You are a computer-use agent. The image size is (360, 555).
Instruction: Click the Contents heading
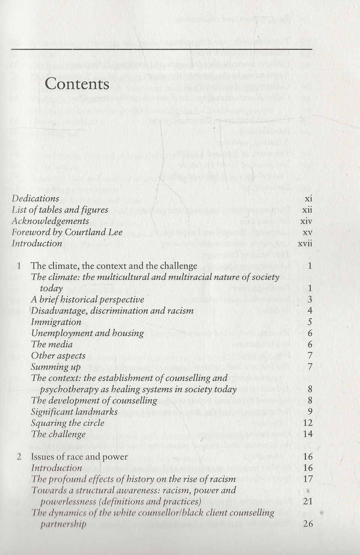(x=77, y=84)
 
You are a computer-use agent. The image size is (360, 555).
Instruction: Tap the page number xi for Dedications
(x=308, y=199)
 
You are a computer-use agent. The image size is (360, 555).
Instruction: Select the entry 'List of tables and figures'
(x=60, y=210)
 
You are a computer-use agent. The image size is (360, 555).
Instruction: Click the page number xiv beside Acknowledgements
(x=306, y=221)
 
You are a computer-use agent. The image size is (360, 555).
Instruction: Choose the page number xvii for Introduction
(x=305, y=244)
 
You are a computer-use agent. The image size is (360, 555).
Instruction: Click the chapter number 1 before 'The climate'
(x=19, y=266)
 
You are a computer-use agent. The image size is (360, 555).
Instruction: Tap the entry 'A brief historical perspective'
(x=87, y=299)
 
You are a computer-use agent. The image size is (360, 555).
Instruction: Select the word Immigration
(x=56, y=322)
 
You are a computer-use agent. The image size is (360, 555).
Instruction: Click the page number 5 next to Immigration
(x=310, y=322)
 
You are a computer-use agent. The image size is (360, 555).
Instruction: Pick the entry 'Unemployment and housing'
(x=87, y=333)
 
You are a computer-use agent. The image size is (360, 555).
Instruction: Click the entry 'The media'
(x=52, y=344)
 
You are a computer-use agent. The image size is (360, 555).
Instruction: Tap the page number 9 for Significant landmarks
(x=310, y=412)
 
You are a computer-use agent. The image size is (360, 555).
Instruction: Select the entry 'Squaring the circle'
(x=67, y=423)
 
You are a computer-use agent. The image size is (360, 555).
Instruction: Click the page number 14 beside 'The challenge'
(x=307, y=434)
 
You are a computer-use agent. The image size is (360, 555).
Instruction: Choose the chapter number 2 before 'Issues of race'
(x=19, y=457)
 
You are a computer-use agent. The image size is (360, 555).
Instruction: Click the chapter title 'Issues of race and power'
(x=79, y=457)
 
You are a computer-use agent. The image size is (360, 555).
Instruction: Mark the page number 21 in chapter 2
(x=307, y=501)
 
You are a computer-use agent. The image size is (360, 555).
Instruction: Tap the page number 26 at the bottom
(x=307, y=524)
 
